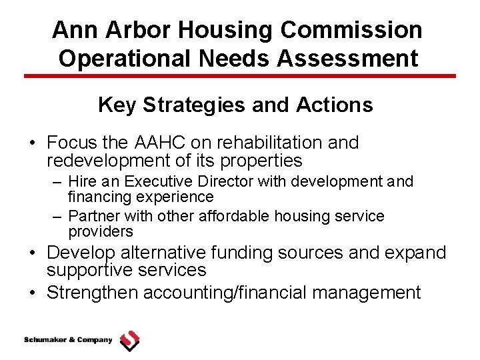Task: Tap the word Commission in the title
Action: (351, 30)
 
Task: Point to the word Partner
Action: (89, 217)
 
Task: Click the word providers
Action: (101, 232)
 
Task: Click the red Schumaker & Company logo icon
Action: (129, 341)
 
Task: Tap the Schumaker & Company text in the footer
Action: (68, 340)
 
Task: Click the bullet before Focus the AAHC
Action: (31, 143)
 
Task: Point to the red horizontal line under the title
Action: (240, 76)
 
